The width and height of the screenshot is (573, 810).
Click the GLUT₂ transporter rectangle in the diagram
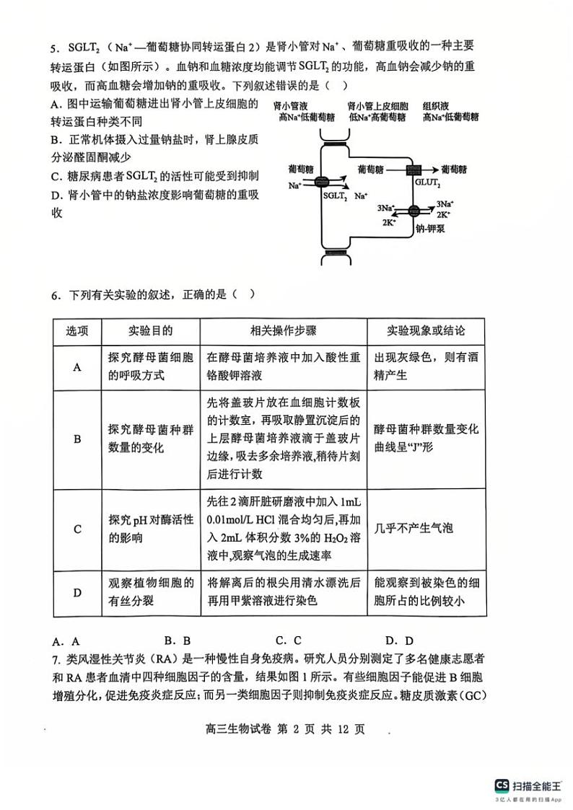[414, 170]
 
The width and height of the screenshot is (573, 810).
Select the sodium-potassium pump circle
[414, 211]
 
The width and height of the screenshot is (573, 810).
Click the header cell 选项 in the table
[77, 331]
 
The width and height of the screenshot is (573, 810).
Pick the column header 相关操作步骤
[283, 331]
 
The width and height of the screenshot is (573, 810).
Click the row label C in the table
[77, 529]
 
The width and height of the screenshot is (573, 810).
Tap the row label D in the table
[77, 592]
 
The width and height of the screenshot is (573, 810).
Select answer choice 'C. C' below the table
[288, 640]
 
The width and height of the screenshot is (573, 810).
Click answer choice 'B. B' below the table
[177, 640]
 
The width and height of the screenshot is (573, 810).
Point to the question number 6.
[54, 295]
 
